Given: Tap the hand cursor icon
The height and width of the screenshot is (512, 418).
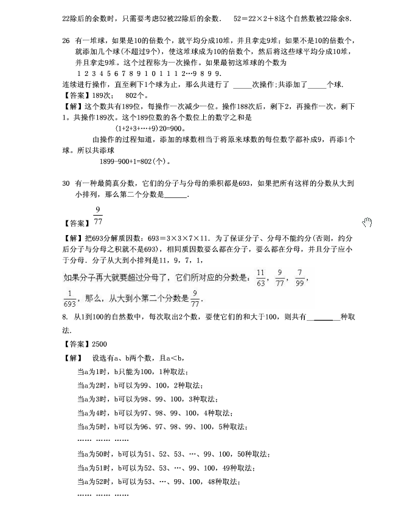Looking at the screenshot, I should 367,222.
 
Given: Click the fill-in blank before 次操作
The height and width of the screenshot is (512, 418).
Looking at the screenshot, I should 242,84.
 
